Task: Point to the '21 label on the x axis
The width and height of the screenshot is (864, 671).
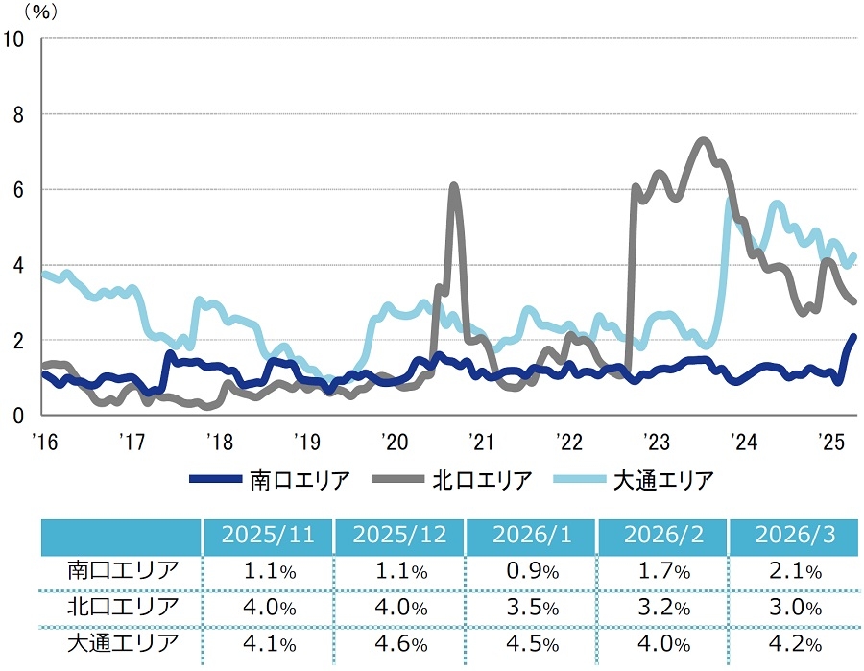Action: click(481, 442)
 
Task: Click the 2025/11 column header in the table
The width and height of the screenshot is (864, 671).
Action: click(267, 536)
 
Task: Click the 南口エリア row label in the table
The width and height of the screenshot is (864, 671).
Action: click(123, 570)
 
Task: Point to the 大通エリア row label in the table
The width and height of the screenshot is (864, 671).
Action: click(123, 642)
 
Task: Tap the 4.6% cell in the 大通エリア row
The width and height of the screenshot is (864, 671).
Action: click(398, 643)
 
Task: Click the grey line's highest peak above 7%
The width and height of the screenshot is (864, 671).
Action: click(703, 141)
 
